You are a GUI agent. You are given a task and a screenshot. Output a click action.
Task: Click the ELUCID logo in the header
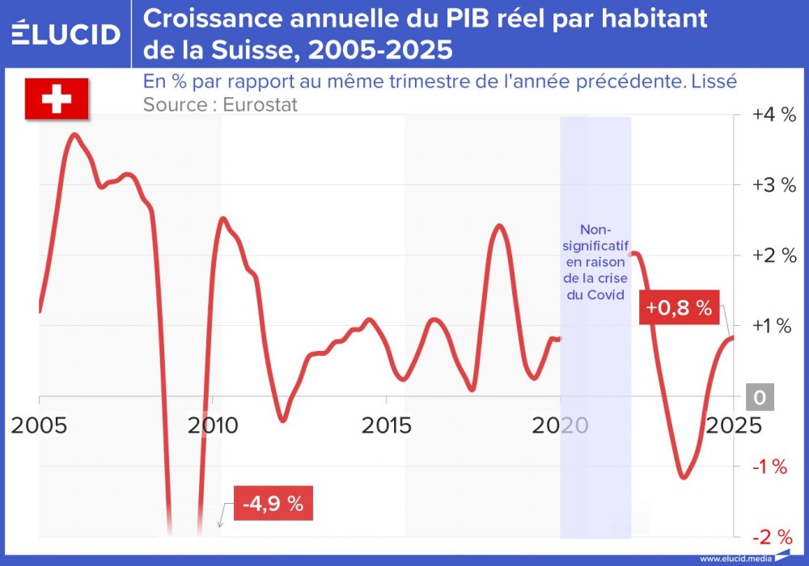[x=66, y=33]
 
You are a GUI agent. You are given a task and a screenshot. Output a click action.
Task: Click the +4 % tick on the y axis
[x=774, y=115]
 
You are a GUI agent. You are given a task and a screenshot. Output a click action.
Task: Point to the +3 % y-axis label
[x=774, y=185]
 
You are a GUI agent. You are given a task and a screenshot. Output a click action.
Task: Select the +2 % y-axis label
[x=774, y=256]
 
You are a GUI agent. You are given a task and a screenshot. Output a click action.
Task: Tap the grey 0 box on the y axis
[x=760, y=397]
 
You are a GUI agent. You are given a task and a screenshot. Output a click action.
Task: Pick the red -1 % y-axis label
[x=770, y=467]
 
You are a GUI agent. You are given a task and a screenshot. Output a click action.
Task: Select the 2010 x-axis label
[x=213, y=424]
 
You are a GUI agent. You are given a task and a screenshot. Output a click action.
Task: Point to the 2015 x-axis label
[x=386, y=424]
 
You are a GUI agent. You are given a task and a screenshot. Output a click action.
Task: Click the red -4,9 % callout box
[x=273, y=504]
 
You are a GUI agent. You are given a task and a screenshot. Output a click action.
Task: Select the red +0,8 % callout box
[x=679, y=308]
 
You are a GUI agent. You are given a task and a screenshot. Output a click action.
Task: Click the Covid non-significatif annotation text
[x=595, y=262]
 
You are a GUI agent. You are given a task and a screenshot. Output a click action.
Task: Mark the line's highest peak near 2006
[x=74, y=134]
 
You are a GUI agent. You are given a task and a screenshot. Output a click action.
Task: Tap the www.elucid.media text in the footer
[x=733, y=558]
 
